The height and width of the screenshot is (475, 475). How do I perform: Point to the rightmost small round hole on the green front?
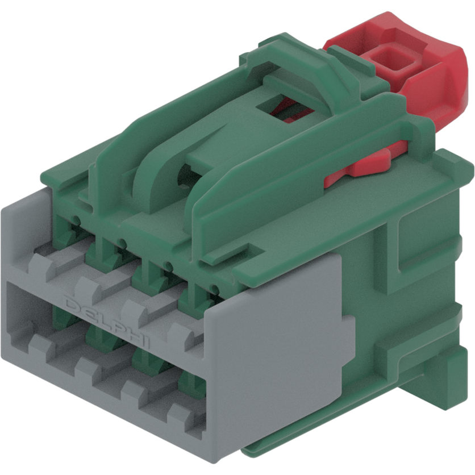tap(214, 288)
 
